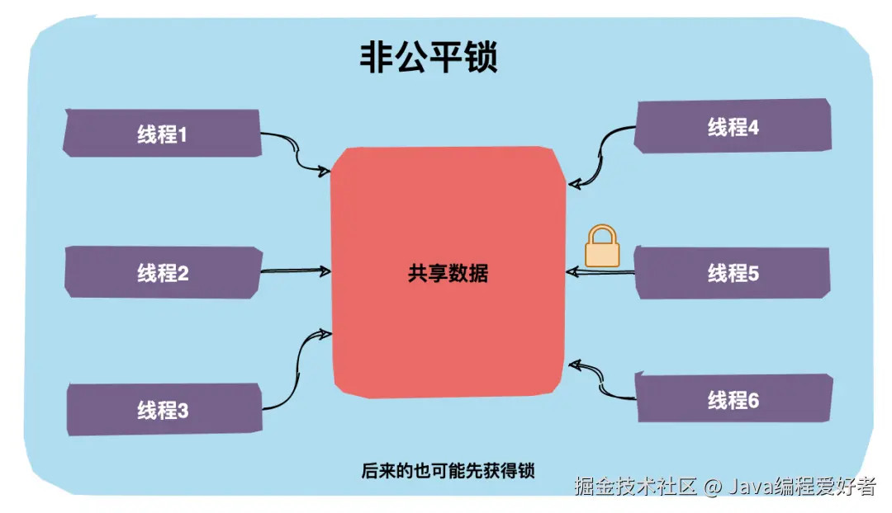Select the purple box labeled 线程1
[x=162, y=134]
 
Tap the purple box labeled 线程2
[x=162, y=273]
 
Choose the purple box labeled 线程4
[x=733, y=127]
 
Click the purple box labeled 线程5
[x=733, y=273]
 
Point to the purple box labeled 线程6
[x=733, y=401]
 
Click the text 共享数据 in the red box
[x=448, y=273]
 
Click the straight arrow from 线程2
[x=296, y=270]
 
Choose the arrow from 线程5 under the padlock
[x=601, y=272]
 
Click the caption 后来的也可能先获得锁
[x=448, y=472]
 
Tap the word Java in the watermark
[x=749, y=487]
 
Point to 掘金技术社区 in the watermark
[x=637, y=487]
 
